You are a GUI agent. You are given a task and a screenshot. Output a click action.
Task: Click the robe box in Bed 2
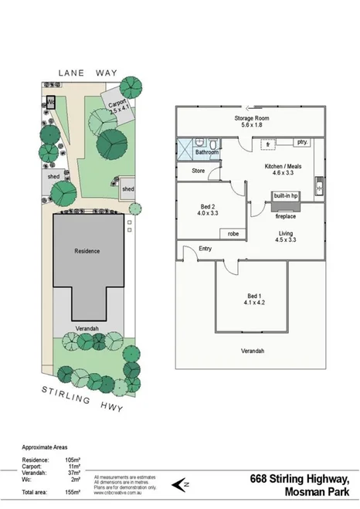pyautogui.click(x=232, y=233)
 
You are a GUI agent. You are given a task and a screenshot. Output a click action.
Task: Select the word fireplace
pyautogui.click(x=286, y=217)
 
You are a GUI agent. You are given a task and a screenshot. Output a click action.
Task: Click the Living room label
pyautogui.click(x=285, y=234)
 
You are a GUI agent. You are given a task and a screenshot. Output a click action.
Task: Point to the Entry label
pyautogui.click(x=205, y=249)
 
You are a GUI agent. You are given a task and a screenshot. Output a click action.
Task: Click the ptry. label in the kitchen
pyautogui.click(x=302, y=143)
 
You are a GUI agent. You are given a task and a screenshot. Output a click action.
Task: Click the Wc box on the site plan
pyautogui.click(x=51, y=100)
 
